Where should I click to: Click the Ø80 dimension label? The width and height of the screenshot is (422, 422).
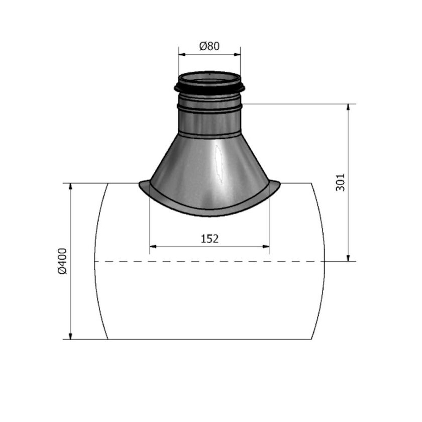click(209, 46)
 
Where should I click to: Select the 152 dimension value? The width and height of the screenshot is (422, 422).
click(209, 239)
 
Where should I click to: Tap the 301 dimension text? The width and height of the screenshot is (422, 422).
click(341, 182)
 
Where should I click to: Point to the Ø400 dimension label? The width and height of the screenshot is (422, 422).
click(62, 261)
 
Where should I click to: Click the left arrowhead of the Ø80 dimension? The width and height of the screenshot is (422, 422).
click(182, 55)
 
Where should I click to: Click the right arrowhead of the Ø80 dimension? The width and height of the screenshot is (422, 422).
click(237, 55)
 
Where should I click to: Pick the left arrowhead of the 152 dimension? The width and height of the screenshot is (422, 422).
click(153, 246)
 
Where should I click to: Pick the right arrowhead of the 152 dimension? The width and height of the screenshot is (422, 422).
click(266, 246)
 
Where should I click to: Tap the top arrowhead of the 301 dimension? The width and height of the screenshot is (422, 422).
click(349, 107)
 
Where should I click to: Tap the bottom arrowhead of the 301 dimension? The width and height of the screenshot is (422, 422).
click(349, 258)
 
